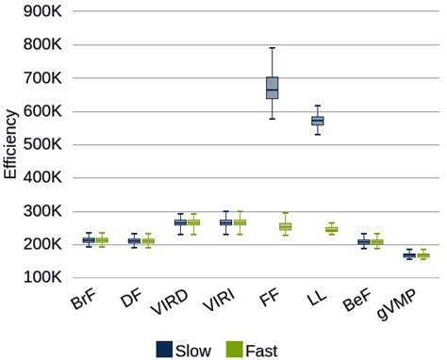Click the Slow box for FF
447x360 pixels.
point(272,88)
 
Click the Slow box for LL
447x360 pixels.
point(317,121)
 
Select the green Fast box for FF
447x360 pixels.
point(286,227)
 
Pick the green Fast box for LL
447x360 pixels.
point(332,230)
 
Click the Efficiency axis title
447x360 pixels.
point(10,143)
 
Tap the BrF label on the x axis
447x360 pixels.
point(83,303)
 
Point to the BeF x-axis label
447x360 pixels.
point(356,304)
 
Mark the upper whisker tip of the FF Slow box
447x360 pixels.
point(272,48)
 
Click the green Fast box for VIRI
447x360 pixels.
point(240,222)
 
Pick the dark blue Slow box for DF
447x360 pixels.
point(134,241)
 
